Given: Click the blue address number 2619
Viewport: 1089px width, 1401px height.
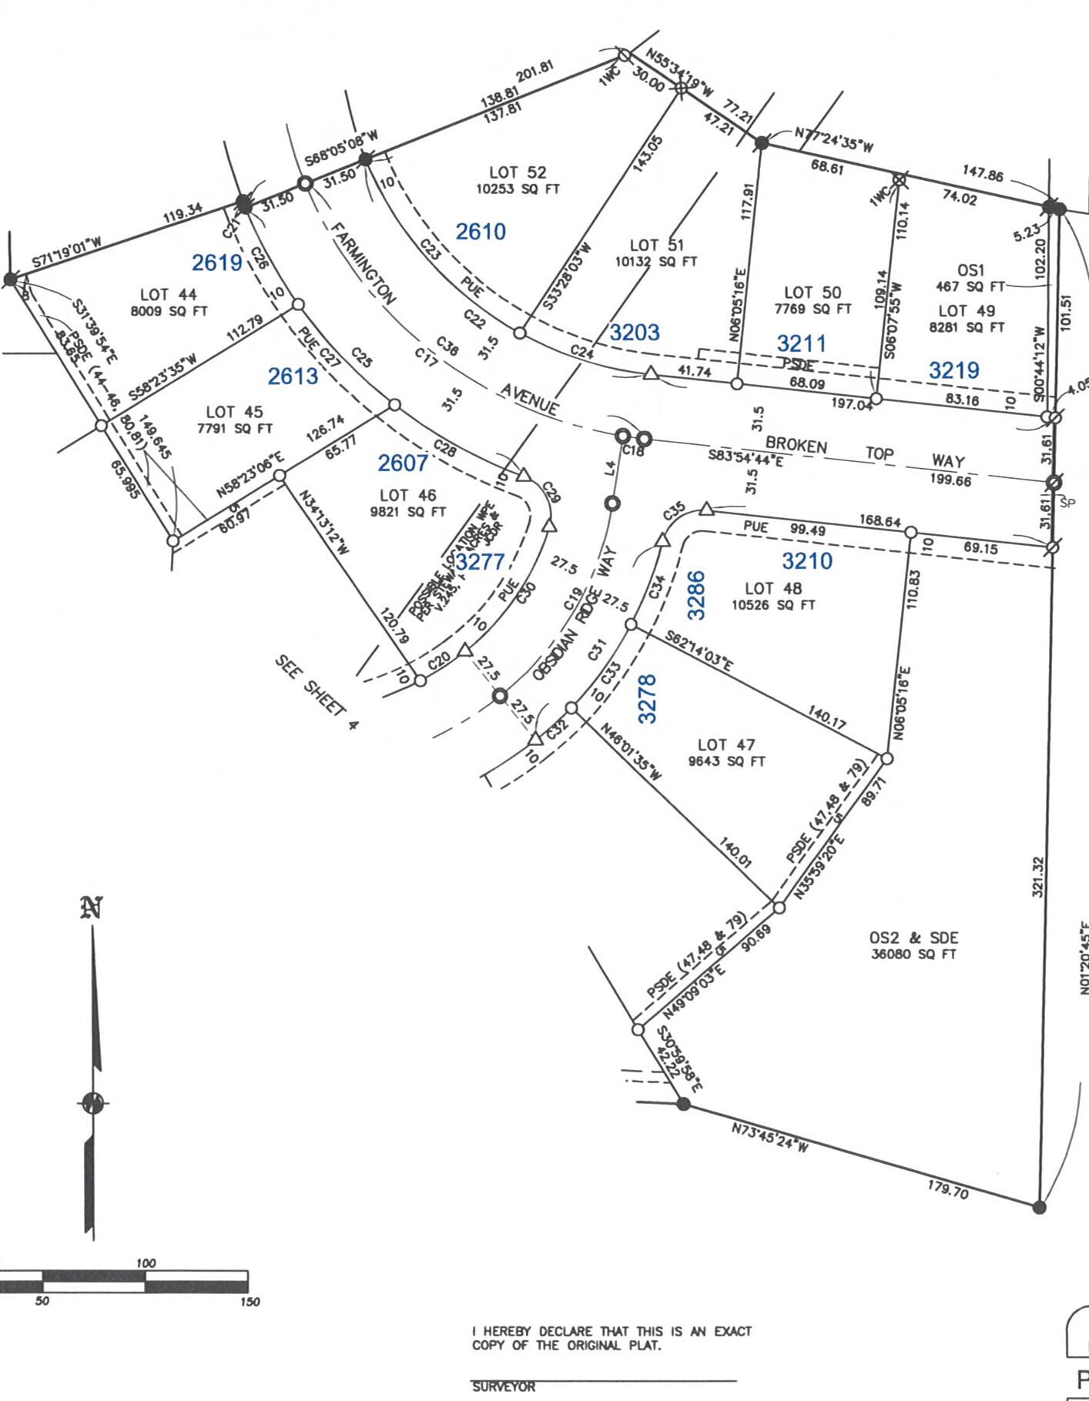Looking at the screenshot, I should (x=217, y=262).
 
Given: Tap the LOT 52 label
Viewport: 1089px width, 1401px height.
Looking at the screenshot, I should (x=517, y=172).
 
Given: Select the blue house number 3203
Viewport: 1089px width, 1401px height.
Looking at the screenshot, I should (x=635, y=332).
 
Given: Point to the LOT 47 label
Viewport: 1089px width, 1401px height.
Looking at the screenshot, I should (x=726, y=744).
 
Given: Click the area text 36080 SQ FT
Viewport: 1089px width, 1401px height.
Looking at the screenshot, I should (x=913, y=954).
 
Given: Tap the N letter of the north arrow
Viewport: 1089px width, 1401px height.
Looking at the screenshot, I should (x=92, y=908).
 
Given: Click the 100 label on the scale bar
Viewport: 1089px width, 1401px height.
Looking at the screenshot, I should (x=146, y=1263).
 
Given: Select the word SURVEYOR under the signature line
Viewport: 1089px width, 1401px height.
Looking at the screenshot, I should (x=504, y=1386).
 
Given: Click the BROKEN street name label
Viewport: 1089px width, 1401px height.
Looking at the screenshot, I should (x=796, y=446).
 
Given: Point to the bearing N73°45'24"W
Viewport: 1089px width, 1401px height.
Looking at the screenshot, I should (x=769, y=1138).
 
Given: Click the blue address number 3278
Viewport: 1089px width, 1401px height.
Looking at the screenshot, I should (x=648, y=698).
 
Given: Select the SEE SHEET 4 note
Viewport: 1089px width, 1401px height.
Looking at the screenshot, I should (x=317, y=692).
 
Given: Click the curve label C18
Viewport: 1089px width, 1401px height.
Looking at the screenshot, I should (x=633, y=450).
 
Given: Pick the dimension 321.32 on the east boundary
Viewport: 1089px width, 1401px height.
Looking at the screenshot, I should (x=1037, y=877).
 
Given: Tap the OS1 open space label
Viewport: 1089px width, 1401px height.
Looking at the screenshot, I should (x=970, y=270).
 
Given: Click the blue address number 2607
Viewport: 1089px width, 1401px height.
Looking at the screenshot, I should (x=403, y=463).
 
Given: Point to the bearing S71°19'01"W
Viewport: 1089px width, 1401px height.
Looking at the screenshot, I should (x=66, y=253).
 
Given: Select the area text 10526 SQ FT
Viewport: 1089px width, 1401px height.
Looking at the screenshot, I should (x=773, y=605).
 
